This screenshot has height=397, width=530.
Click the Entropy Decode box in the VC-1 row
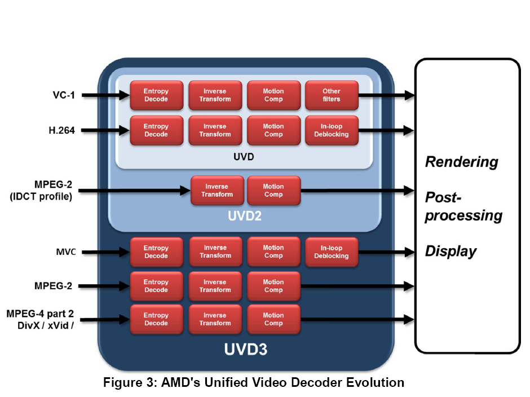click(x=156, y=95)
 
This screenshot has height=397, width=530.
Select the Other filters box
click(x=332, y=95)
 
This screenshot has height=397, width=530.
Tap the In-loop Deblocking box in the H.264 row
click(x=332, y=130)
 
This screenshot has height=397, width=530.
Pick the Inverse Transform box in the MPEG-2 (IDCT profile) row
click(x=217, y=191)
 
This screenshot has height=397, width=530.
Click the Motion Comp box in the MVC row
click(x=273, y=252)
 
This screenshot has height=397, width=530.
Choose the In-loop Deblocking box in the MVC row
click(x=332, y=252)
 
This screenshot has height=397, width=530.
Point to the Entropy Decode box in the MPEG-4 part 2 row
click(x=156, y=320)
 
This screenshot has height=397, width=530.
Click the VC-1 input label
click(x=60, y=95)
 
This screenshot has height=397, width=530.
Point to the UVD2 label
click(x=244, y=216)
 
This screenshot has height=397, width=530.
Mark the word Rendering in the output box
click(x=461, y=162)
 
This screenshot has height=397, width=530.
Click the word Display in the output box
click(x=450, y=251)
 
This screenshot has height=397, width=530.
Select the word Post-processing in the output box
click(x=463, y=207)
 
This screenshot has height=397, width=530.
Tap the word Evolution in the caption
click(x=376, y=383)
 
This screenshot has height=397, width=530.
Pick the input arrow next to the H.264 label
click(x=105, y=130)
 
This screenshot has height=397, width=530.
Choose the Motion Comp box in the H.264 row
click(x=273, y=130)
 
